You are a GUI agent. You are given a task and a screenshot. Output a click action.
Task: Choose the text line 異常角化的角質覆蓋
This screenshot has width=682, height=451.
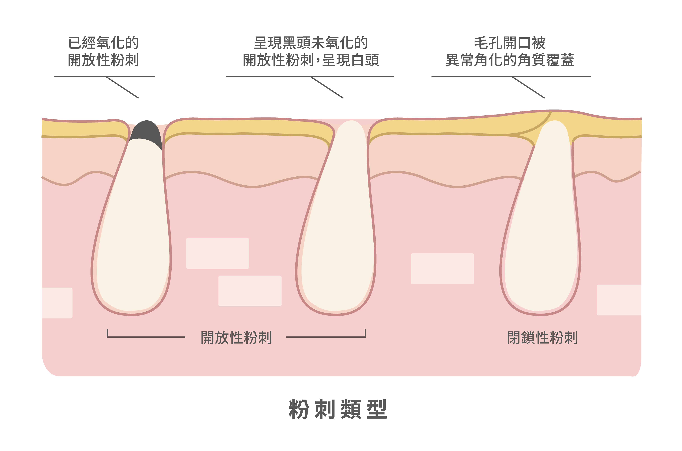pyautogui.click(x=510, y=60)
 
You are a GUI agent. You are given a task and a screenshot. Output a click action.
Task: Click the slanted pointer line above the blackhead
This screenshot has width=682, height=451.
pyautogui.click(x=123, y=87)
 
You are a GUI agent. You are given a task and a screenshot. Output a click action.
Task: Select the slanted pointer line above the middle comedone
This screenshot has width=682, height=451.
pyautogui.click(x=327, y=87)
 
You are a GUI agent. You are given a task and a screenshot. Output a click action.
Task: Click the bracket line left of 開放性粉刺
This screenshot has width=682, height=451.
pyautogui.click(x=146, y=336)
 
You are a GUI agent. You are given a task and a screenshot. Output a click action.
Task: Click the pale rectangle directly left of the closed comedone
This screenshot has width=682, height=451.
pyautogui.click(x=442, y=269)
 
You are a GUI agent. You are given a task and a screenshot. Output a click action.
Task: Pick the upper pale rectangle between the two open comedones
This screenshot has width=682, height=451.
pyautogui.click(x=217, y=253)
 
